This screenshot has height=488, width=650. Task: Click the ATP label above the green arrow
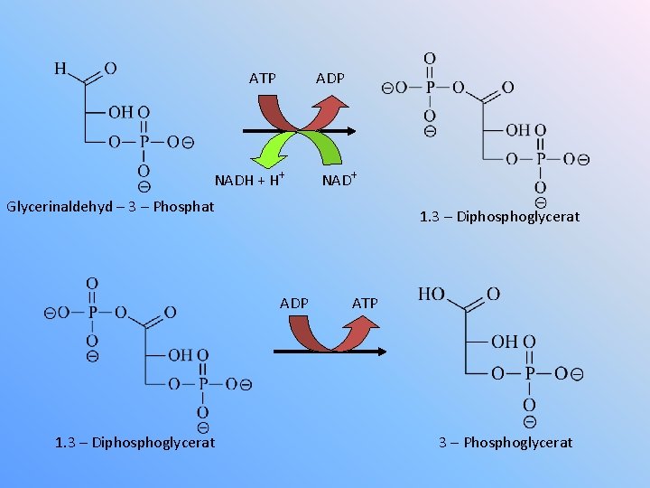click(x=263, y=79)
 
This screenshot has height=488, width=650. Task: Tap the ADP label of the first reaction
click(x=330, y=79)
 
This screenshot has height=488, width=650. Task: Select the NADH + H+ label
click(x=249, y=179)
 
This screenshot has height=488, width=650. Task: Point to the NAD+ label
click(x=339, y=179)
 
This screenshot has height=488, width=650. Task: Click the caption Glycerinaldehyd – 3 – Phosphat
click(x=110, y=206)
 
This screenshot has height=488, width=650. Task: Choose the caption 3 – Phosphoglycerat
click(x=506, y=442)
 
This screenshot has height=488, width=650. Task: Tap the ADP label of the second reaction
click(x=294, y=303)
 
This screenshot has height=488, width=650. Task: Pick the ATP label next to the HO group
click(x=365, y=303)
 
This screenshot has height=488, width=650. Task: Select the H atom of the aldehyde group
click(x=60, y=68)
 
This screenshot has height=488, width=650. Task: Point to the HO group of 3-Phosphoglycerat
click(x=432, y=295)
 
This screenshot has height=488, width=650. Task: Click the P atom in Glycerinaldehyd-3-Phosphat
click(x=144, y=142)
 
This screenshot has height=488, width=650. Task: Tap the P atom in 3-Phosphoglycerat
click(x=529, y=373)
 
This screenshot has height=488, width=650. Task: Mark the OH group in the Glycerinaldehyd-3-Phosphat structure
click(x=121, y=112)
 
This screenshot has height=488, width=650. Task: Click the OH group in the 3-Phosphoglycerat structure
click(x=505, y=342)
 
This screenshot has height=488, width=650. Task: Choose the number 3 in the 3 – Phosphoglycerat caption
click(x=443, y=442)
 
